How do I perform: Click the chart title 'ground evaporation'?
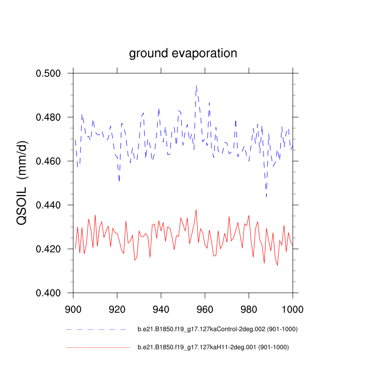(183, 54)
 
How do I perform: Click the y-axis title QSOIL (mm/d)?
(22, 183)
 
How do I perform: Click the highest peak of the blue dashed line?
(196, 85)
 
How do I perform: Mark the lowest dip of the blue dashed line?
(266, 197)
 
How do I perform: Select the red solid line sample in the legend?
(97, 348)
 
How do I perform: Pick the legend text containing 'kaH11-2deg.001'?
(213, 348)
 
